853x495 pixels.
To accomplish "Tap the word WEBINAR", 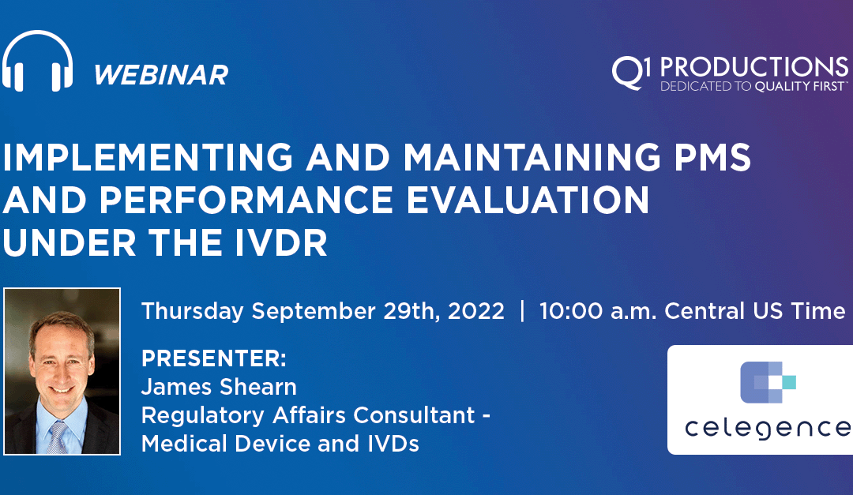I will coord(160,75).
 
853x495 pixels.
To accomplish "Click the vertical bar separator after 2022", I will coord(521,311).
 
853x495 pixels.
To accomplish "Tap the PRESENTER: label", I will coord(213,359).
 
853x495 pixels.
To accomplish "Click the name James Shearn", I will coord(219,387).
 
